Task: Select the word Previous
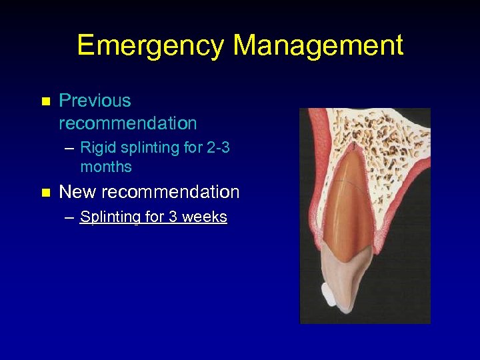(x=95, y=101)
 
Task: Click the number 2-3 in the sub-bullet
(x=219, y=148)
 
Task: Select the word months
(x=106, y=167)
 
